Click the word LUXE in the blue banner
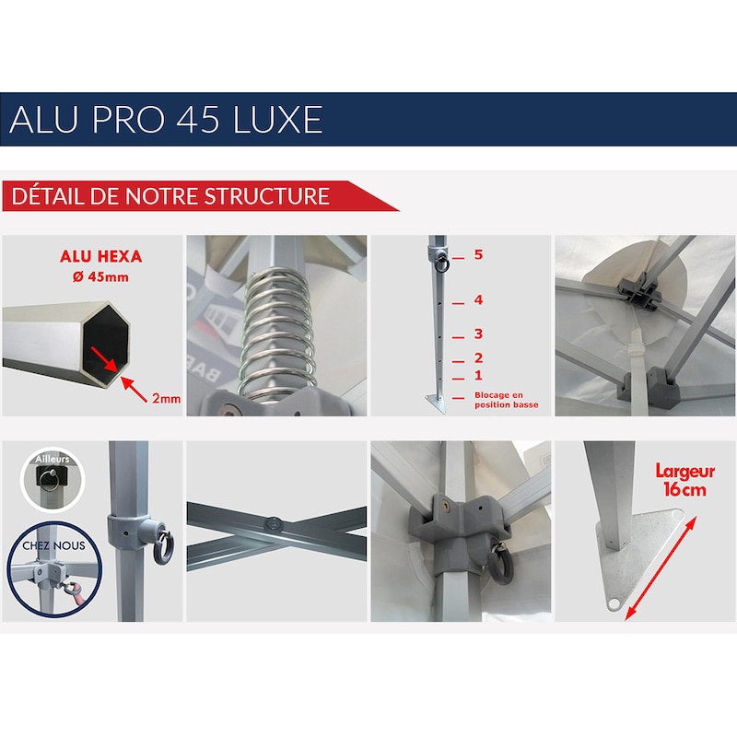coord(278,120)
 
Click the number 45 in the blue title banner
coord(198,120)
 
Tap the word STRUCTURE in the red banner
coord(267,196)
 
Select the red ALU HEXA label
coord(101,256)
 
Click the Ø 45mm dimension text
coord(100,277)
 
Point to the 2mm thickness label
coord(167,399)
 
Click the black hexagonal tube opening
coord(106,340)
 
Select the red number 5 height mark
coord(478,255)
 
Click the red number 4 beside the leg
coord(478,300)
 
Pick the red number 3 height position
coord(478,333)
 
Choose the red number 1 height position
coord(478,375)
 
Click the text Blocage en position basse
coord(506,400)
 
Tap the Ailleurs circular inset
coord(53,479)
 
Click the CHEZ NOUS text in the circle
coord(54,545)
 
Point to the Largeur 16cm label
coord(684,480)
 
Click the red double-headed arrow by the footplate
coord(661,567)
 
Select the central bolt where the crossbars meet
coord(274,522)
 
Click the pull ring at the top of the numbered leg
coord(442,263)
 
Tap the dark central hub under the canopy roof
coord(639,293)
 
